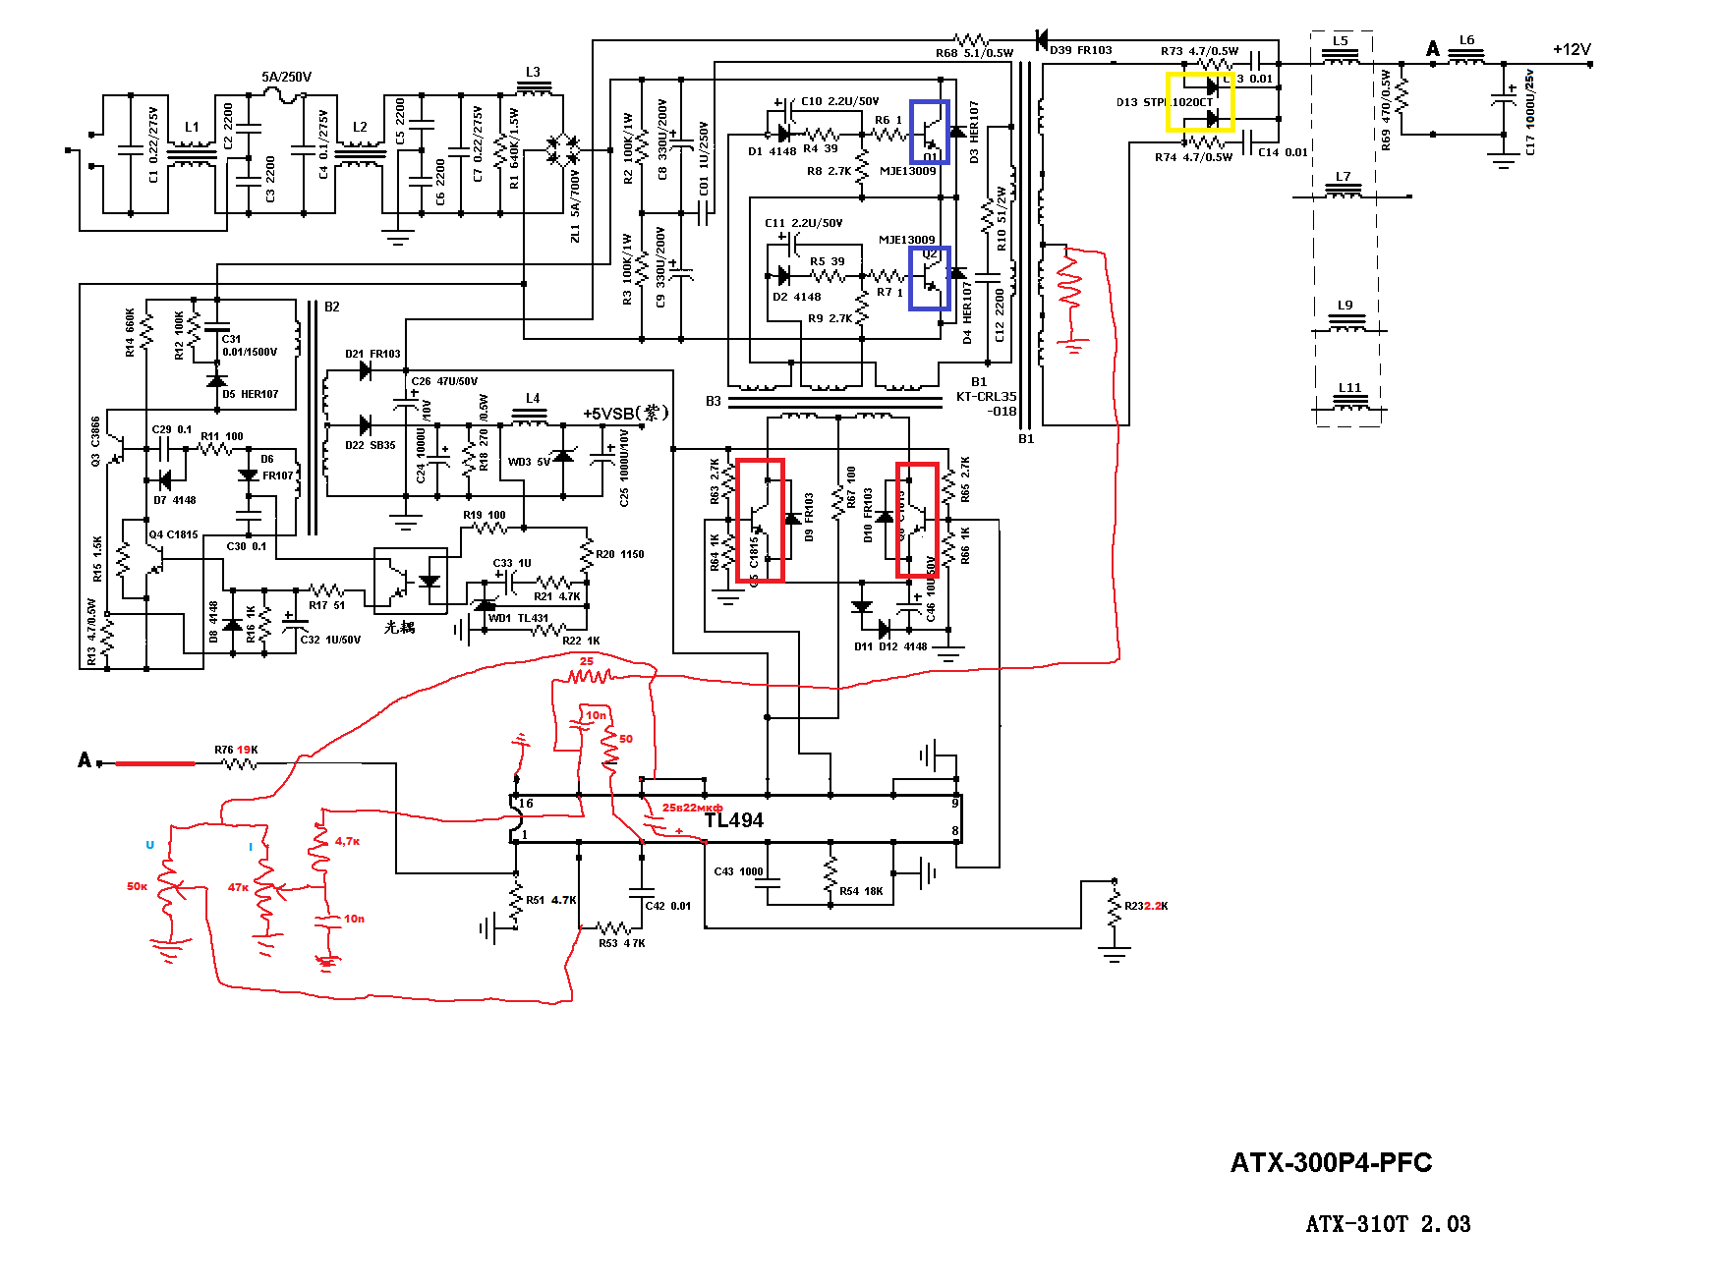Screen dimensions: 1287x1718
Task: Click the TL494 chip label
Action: tap(733, 820)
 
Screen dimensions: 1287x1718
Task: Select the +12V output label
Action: tap(1571, 50)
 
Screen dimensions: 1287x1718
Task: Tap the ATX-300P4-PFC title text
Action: tap(1331, 1163)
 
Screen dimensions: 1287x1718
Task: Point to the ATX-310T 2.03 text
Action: tap(1388, 1224)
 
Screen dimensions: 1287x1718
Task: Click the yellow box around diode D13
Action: tap(1199, 101)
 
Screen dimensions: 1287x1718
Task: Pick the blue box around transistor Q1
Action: tap(929, 131)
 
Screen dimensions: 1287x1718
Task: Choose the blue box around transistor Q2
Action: tap(929, 278)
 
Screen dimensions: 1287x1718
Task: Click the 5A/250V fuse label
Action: tap(286, 77)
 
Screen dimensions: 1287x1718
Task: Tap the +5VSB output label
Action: tap(625, 414)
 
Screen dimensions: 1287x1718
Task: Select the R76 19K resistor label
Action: tap(236, 750)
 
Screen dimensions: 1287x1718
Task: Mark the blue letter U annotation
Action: tap(149, 845)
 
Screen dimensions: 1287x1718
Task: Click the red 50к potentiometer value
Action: tap(137, 886)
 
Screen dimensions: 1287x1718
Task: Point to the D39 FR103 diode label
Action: tap(1080, 50)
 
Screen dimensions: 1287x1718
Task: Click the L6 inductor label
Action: tap(1466, 40)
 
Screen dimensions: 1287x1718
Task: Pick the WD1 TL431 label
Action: tap(518, 618)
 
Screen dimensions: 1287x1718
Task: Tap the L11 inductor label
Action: tap(1349, 388)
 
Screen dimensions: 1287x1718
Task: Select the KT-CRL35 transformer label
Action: tap(986, 397)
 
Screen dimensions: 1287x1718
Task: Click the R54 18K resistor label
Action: tap(861, 891)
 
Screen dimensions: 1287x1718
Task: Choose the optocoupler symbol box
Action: tap(410, 581)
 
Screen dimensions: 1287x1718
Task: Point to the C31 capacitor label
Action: tap(231, 339)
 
